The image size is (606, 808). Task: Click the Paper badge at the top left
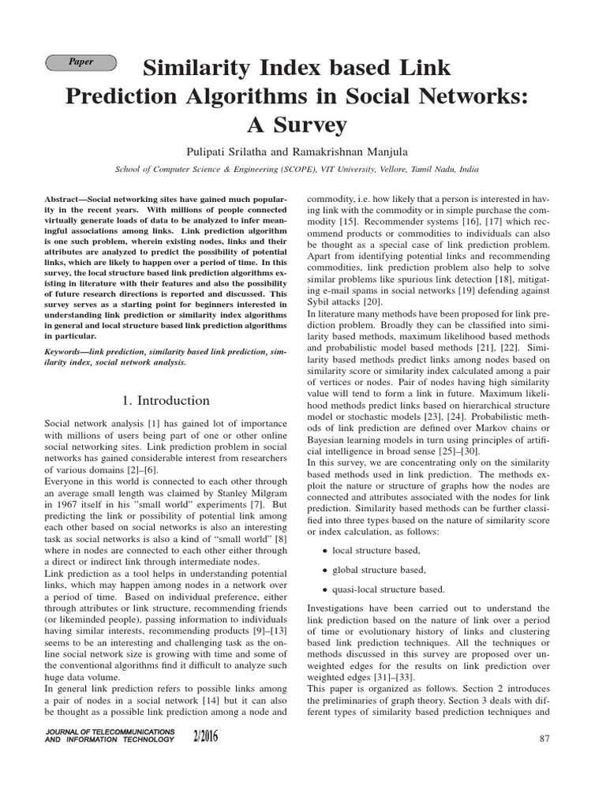click(x=81, y=62)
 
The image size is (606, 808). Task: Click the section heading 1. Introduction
click(x=166, y=400)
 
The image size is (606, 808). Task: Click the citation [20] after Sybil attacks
click(x=372, y=301)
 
